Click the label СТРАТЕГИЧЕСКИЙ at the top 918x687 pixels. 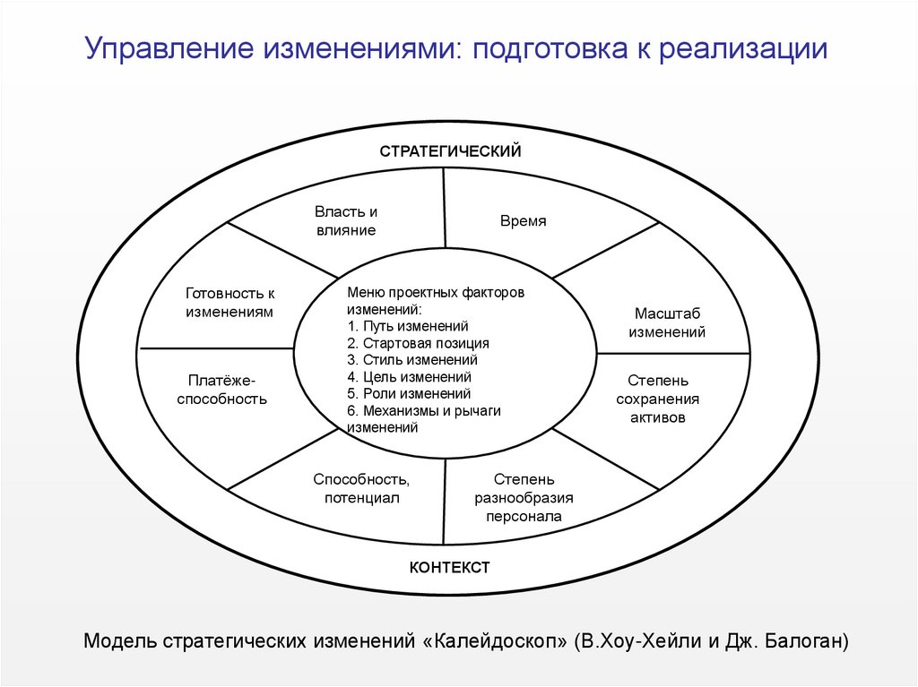coord(450,151)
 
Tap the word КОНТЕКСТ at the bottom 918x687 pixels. coord(450,567)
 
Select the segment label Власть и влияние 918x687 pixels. coord(345,221)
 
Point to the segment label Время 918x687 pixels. coord(524,221)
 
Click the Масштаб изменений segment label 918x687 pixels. coord(667,322)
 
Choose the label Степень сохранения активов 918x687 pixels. coord(657,399)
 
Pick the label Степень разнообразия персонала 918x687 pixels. coord(524,498)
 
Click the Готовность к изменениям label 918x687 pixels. coord(229,303)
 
